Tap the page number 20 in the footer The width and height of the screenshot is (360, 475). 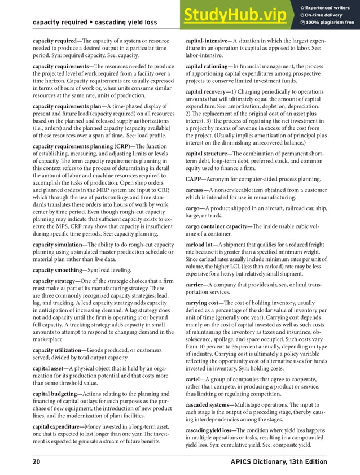click(37, 462)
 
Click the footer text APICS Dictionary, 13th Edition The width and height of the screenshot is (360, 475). click(279, 462)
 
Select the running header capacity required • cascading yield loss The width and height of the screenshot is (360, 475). click(95, 23)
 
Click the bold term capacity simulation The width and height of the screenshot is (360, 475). click(56, 245)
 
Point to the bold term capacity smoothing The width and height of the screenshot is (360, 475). click(56, 270)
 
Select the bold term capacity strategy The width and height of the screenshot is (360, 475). click(55, 281)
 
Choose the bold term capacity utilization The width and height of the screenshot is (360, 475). click(57, 350)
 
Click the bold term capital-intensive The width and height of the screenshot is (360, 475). click(208, 41)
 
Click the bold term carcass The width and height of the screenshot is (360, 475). click(197, 190)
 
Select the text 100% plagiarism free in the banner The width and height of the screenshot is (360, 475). click(331, 23)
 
